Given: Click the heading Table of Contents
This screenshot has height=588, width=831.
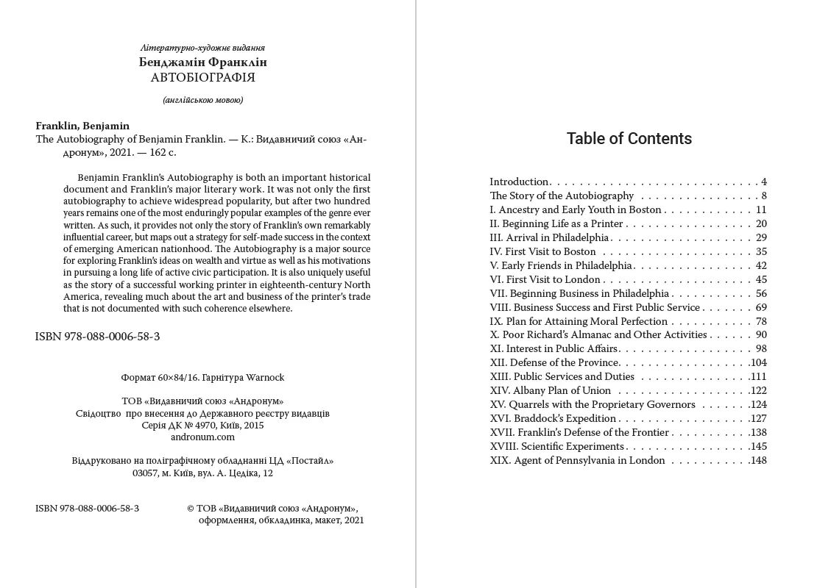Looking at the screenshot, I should coord(629,139).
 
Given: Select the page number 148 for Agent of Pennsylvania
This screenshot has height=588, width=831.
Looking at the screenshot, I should coord(758,461).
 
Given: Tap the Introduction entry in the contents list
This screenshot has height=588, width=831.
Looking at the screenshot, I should coord(520,182).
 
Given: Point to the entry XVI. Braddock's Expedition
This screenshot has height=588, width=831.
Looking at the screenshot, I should coord(553,419).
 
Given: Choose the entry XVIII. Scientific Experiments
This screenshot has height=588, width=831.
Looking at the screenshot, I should coord(557,447).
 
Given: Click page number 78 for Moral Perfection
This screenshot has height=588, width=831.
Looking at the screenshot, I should coord(761,321).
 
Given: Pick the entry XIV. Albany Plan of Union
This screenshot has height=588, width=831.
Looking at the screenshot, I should coord(551,391).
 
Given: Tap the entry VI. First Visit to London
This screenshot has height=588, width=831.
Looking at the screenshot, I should coord(545,279).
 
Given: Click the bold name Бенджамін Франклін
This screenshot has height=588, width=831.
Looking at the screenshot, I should coord(202,62).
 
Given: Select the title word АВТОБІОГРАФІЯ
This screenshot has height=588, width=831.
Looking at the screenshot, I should coord(202,77).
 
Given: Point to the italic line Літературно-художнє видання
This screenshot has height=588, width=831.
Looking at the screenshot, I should coord(202,48).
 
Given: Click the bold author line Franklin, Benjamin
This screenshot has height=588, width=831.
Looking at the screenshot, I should coord(82,126).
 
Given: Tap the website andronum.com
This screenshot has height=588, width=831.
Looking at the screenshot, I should coord(202,437).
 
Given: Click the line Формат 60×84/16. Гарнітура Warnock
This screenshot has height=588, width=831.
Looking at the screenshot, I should coord(202,378).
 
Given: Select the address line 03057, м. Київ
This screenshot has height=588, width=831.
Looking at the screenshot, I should coord(202,473).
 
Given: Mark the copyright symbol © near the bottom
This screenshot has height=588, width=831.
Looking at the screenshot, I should coord(191,509).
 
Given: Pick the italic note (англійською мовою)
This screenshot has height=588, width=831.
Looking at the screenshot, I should coord(202,100).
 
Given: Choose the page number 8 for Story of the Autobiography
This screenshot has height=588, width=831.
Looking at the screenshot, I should coord(764,196).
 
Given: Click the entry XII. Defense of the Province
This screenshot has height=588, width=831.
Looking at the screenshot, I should coord(554,363).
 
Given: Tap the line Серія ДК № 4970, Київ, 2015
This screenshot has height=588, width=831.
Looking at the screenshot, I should coord(202,425).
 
